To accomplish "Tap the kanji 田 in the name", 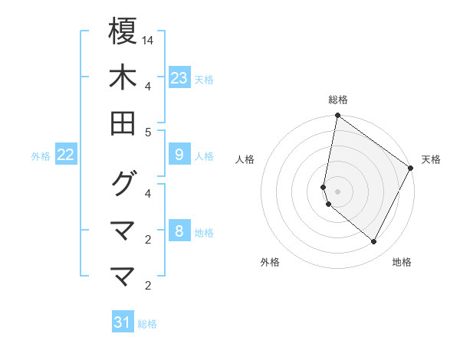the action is pyautogui.click(x=123, y=123).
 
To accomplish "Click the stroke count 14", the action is pyautogui.click(x=149, y=39).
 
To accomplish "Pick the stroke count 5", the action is pyautogui.click(x=148, y=133).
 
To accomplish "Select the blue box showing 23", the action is pyautogui.click(x=179, y=78).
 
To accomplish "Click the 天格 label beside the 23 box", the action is pyautogui.click(x=204, y=79).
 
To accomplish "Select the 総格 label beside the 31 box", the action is pyautogui.click(x=147, y=324).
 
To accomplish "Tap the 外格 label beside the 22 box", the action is pyautogui.click(x=41, y=156).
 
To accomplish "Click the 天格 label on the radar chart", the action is pyautogui.click(x=431, y=159).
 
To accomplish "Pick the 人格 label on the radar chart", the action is pyautogui.click(x=245, y=159).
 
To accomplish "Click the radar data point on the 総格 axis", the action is pyautogui.click(x=337, y=116).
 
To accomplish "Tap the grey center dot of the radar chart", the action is pyautogui.click(x=337, y=191).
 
